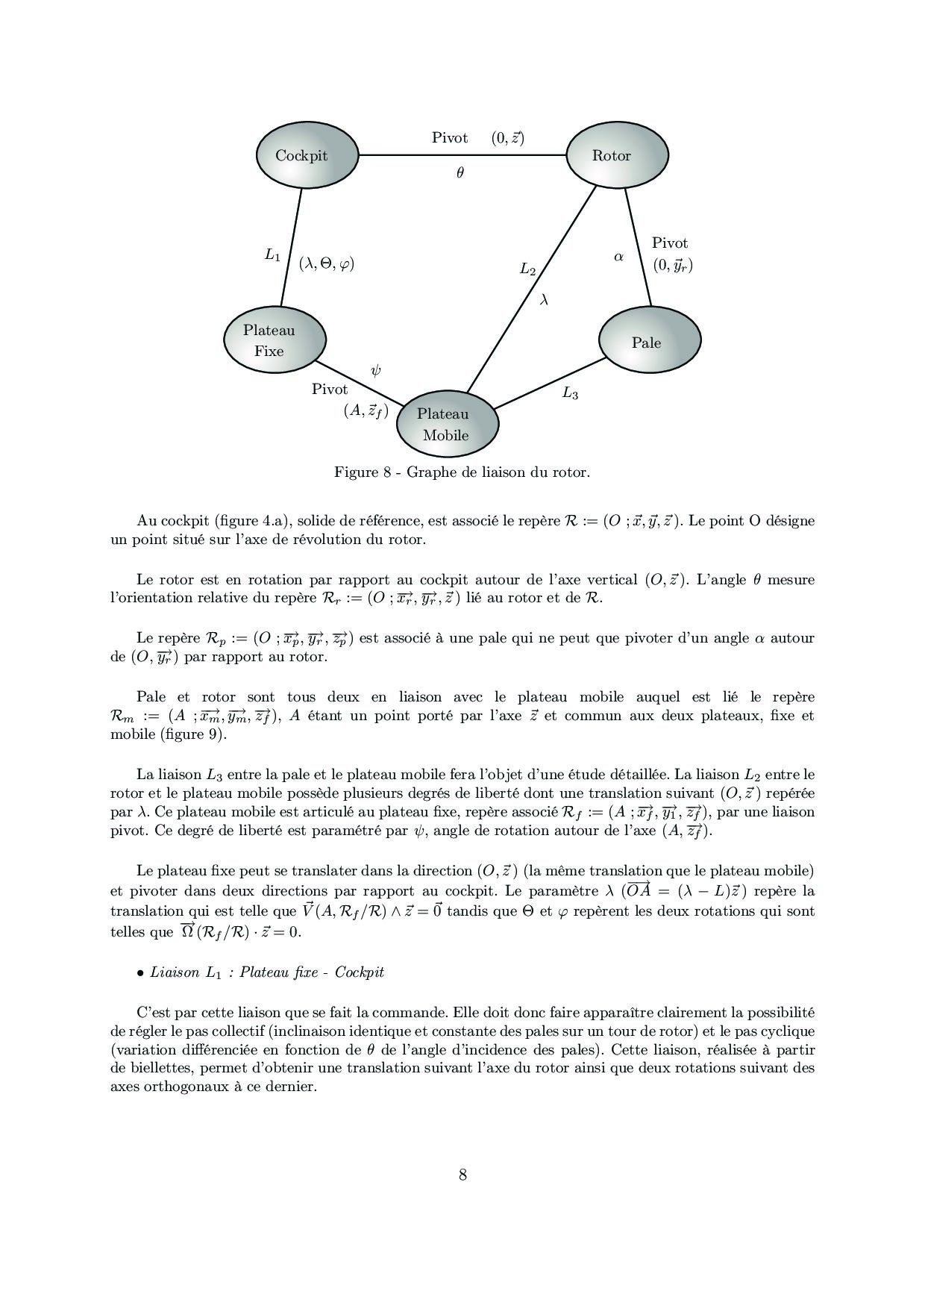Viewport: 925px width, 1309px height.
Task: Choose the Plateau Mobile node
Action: pyautogui.click(x=446, y=424)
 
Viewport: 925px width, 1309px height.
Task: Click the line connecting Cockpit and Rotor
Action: pyautogui.click(x=403, y=155)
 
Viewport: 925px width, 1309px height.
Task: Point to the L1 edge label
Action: pyautogui.click(x=272, y=255)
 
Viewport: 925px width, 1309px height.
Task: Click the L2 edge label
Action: pyautogui.click(x=527, y=269)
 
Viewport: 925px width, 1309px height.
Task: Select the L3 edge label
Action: pyautogui.click(x=570, y=393)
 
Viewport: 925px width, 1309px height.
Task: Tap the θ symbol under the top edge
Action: pyautogui.click(x=460, y=173)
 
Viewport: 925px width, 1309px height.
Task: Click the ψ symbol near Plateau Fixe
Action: pyautogui.click(x=375, y=371)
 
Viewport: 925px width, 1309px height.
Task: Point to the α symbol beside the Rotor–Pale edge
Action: pyautogui.click(x=618, y=257)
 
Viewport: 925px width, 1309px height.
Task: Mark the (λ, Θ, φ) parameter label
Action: pyautogui.click(x=326, y=263)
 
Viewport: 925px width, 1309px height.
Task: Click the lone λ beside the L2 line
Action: pyautogui.click(x=544, y=299)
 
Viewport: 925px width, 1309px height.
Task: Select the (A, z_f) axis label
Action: pyautogui.click(x=366, y=410)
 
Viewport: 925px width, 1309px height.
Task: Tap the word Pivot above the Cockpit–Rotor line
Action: pyautogui.click(x=450, y=138)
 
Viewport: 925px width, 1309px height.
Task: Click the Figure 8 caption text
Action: pyautogui.click(x=462, y=472)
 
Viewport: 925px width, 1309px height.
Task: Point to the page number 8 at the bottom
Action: pyautogui.click(x=462, y=1175)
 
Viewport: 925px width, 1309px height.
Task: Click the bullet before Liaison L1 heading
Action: pyautogui.click(x=140, y=973)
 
